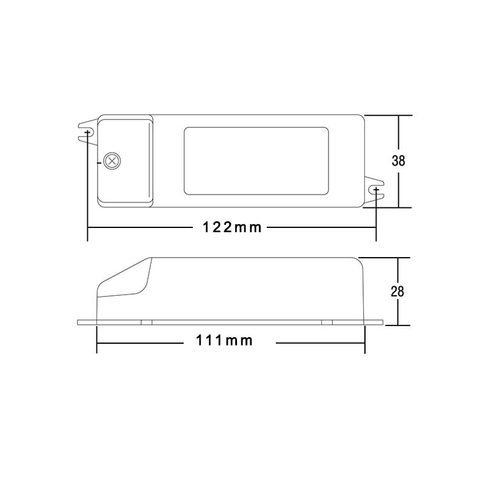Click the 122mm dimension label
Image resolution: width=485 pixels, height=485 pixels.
click(232, 228)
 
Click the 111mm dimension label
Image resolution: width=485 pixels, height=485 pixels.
click(224, 341)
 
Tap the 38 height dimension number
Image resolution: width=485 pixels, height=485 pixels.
click(398, 161)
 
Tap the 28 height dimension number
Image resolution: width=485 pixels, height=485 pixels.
click(398, 292)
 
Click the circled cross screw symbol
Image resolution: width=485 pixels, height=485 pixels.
click(112, 161)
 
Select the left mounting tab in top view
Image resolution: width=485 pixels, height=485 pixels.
click(88, 131)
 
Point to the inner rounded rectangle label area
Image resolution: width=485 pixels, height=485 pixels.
click(256, 161)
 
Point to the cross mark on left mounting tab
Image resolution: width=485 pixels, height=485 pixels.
click(88, 132)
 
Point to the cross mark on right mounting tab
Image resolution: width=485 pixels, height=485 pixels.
click(376, 190)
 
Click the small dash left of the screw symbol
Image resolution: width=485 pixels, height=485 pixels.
click(99, 162)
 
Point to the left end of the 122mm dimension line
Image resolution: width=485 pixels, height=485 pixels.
click(89, 228)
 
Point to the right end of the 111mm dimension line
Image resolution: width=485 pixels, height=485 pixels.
click(364, 343)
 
